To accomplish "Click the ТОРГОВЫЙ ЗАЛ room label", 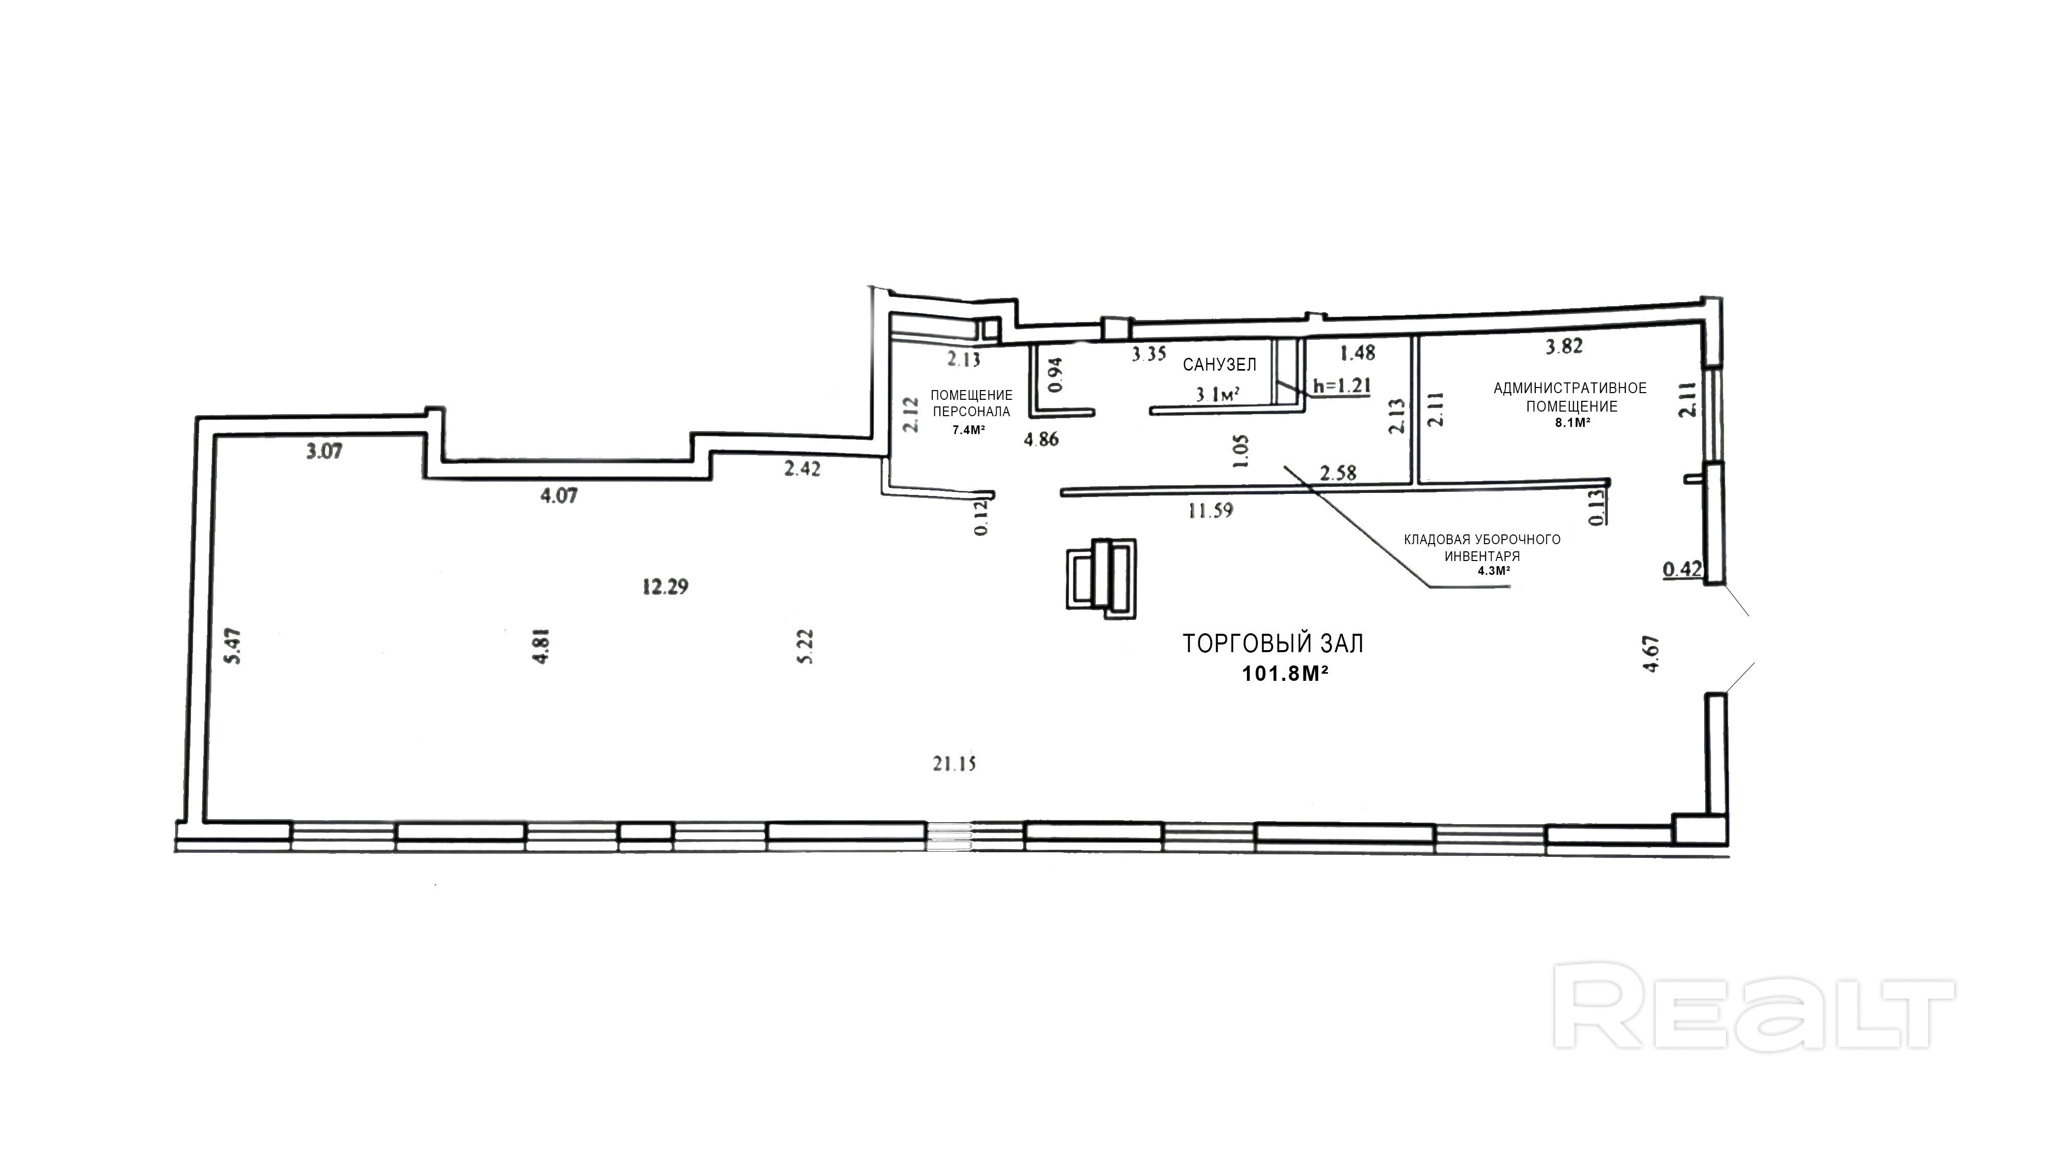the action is [x=1273, y=643].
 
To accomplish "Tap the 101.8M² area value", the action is [x=1285, y=674].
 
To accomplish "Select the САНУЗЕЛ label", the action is [x=1219, y=364].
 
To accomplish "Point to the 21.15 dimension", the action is [x=954, y=764].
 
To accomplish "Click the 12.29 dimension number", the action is [x=665, y=587].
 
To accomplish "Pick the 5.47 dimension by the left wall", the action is [x=233, y=647].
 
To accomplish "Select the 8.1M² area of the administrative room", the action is [x=1572, y=423].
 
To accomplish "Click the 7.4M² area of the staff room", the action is [x=968, y=429].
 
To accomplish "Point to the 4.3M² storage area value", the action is [x=1494, y=570].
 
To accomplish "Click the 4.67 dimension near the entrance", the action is [x=1650, y=655].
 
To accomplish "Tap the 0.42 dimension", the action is [x=1682, y=569].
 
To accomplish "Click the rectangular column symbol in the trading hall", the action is [x=1101, y=577].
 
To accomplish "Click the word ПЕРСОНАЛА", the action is [x=971, y=412].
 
